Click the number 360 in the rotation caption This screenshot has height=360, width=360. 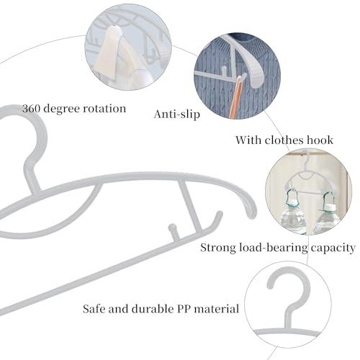31,109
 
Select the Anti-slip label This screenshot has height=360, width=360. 177,114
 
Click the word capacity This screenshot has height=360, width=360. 333,248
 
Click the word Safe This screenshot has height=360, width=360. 94,309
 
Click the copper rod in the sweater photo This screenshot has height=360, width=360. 237,97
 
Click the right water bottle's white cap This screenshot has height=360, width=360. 330,207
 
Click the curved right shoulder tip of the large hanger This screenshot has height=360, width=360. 250,209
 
